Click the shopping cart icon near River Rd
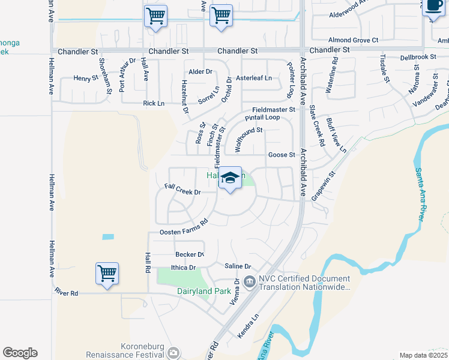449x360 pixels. coord(107,274)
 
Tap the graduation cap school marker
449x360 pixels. coord(230,178)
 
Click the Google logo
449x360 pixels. coord(20,353)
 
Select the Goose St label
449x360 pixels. coord(282,155)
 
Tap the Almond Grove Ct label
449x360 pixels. coord(353,40)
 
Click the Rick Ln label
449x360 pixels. coord(154,103)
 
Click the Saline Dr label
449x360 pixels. coord(237,266)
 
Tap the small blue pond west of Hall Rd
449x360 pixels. coord(108,237)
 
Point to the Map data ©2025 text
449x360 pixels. coord(423,355)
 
